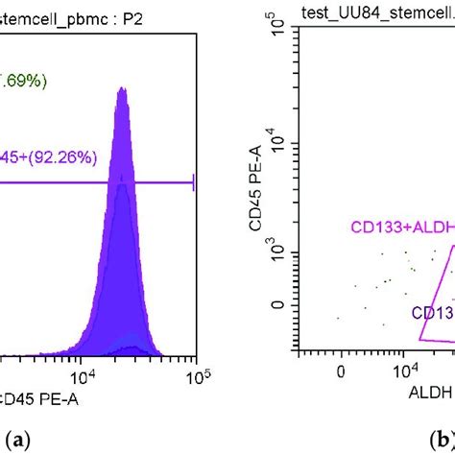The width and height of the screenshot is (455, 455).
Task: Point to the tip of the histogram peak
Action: (122, 88)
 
